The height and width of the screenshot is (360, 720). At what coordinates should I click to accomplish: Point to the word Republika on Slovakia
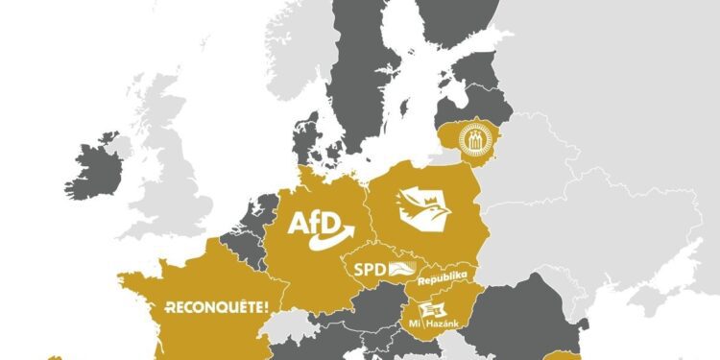click(443, 277)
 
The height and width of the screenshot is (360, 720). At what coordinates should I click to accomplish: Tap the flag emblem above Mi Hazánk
click(432, 306)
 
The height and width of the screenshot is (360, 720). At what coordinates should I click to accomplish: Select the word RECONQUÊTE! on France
click(216, 307)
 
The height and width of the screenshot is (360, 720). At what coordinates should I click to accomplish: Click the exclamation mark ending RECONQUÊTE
click(265, 307)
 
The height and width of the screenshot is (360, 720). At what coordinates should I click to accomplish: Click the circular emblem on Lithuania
click(472, 140)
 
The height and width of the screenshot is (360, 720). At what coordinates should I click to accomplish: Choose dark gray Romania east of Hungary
click(523, 322)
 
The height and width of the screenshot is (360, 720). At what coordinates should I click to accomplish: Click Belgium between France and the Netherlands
click(240, 240)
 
